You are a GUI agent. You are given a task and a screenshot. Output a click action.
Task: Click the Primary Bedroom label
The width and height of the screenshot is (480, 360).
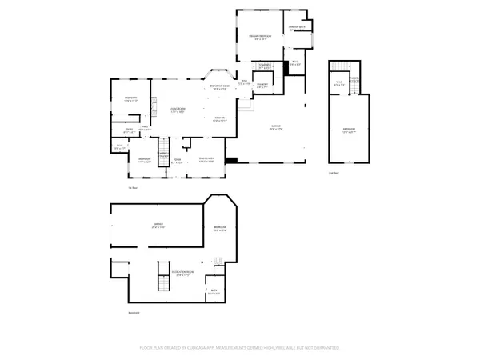tap(260, 37)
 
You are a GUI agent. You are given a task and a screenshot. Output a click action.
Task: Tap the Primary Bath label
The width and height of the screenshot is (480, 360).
tap(298, 26)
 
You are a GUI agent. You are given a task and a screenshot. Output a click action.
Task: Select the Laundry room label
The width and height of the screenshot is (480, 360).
tap(262, 85)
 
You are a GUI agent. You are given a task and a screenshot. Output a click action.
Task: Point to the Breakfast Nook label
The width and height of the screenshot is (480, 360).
tap(220, 86)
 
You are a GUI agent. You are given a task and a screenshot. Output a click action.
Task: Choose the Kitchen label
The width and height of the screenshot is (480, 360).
tap(219, 118)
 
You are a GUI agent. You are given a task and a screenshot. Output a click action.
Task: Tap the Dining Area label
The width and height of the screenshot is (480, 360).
tap(206, 159)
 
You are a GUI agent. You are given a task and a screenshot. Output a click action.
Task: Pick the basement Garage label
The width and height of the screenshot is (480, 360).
tap(158, 226)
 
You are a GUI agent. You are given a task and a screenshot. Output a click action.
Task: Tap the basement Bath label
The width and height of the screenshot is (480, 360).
tap(214, 291)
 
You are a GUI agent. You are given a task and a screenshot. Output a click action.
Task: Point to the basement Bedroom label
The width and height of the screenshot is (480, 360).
tap(221, 229)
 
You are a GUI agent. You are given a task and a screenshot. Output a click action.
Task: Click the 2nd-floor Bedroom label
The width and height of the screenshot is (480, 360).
tap(349, 130)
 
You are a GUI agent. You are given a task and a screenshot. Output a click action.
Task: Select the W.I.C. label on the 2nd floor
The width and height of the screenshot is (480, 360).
tap(338, 82)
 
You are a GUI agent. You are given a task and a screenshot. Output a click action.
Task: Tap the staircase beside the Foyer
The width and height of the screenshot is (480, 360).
tap(164, 149)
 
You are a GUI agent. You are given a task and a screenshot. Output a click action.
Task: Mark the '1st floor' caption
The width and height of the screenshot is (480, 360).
tap(133, 188)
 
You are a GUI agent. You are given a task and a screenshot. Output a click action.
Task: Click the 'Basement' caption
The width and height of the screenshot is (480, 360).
tap(134, 312)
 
